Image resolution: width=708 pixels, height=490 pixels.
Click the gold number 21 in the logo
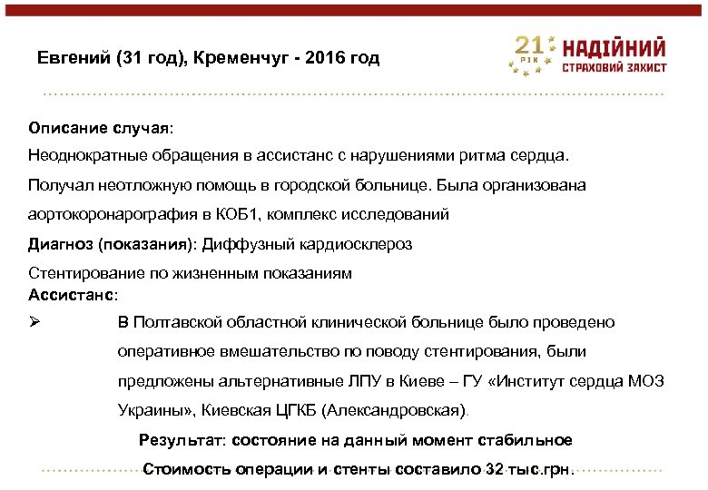[x=531, y=46]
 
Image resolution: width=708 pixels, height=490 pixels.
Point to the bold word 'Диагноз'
[x=60, y=243]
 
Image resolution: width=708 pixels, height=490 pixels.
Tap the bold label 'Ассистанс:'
[x=74, y=294]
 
